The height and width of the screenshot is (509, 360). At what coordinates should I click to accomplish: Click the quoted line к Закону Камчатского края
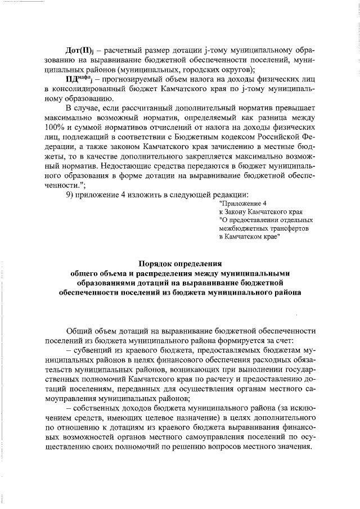(x=254, y=211)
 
